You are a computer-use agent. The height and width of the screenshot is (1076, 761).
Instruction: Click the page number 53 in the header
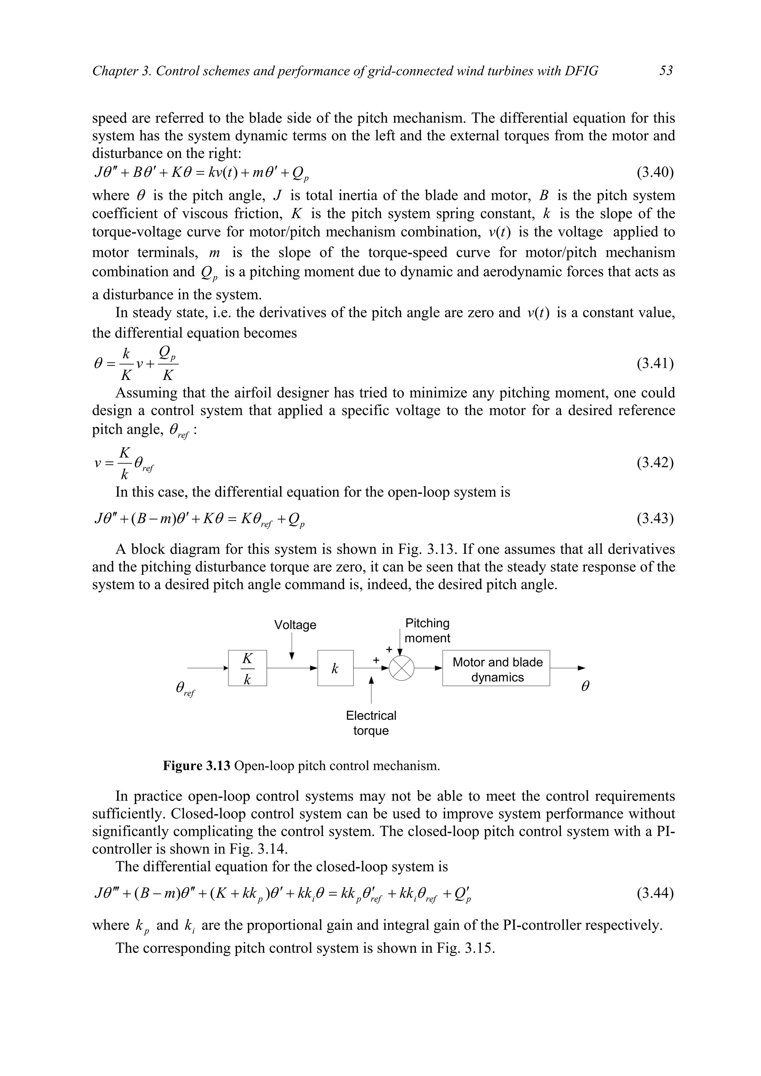click(666, 71)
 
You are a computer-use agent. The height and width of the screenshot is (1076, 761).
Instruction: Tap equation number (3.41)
click(655, 363)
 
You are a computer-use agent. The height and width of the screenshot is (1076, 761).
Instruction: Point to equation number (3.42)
click(655, 463)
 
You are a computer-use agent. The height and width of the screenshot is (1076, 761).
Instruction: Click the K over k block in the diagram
click(247, 668)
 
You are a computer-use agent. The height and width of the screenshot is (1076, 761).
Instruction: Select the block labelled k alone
click(335, 668)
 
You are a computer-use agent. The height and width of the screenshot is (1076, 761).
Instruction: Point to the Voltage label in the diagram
click(295, 625)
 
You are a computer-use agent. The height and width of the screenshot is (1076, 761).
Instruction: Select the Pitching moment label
click(427, 630)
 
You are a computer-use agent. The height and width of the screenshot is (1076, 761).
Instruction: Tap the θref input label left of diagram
click(185, 688)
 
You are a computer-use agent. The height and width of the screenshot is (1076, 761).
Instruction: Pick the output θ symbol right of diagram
click(585, 687)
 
